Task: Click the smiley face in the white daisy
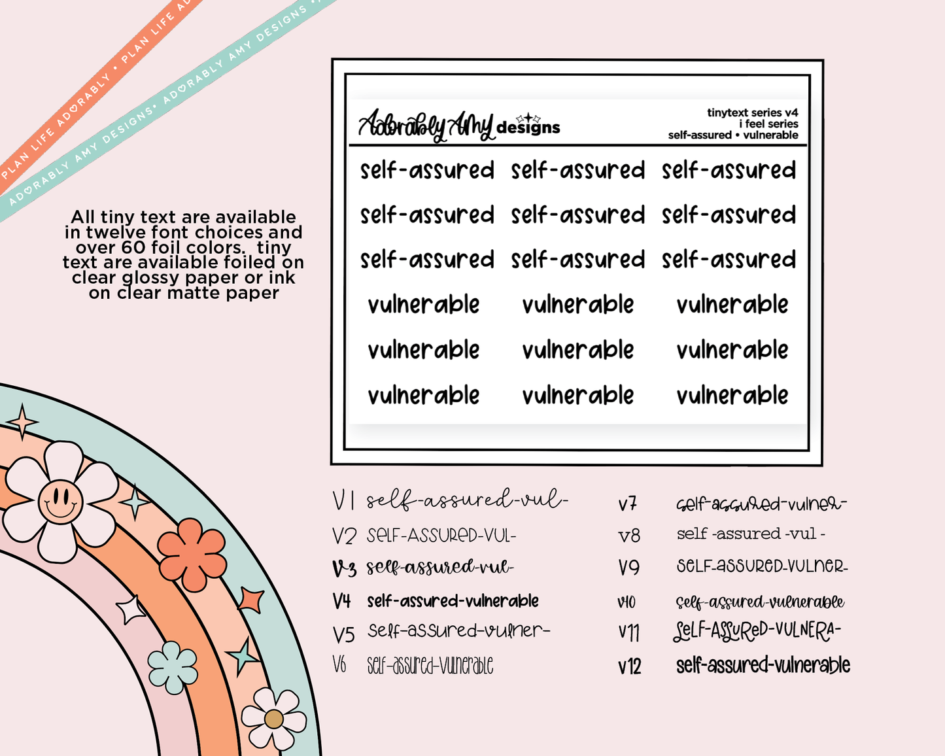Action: (x=61, y=502)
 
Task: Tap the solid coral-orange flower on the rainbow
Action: (x=192, y=554)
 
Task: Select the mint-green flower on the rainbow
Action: (x=173, y=667)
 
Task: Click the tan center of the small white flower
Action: (x=273, y=719)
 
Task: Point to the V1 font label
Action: (x=343, y=501)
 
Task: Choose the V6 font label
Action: (x=339, y=665)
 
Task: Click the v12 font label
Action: (x=629, y=667)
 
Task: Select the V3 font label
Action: (x=344, y=568)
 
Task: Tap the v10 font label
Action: (x=626, y=602)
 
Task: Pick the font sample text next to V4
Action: (x=453, y=600)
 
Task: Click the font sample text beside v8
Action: (x=751, y=534)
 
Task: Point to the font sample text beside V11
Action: (x=757, y=631)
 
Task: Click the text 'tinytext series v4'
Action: (x=752, y=112)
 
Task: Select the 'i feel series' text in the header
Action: (x=768, y=124)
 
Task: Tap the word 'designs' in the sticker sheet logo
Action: (x=528, y=128)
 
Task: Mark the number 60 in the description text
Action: (x=134, y=247)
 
